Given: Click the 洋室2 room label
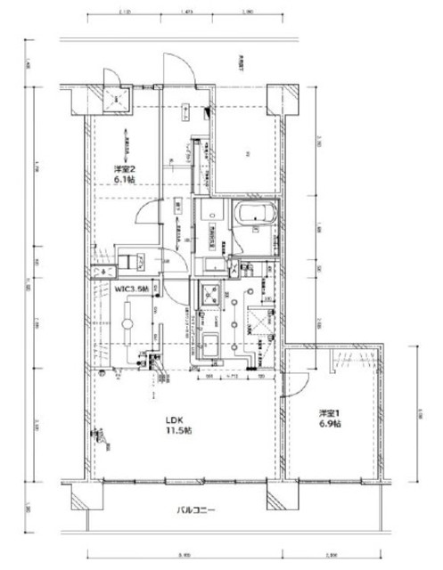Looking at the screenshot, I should point(124,169).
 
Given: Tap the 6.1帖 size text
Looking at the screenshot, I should point(124,180).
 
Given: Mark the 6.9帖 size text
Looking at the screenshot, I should point(332,426).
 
